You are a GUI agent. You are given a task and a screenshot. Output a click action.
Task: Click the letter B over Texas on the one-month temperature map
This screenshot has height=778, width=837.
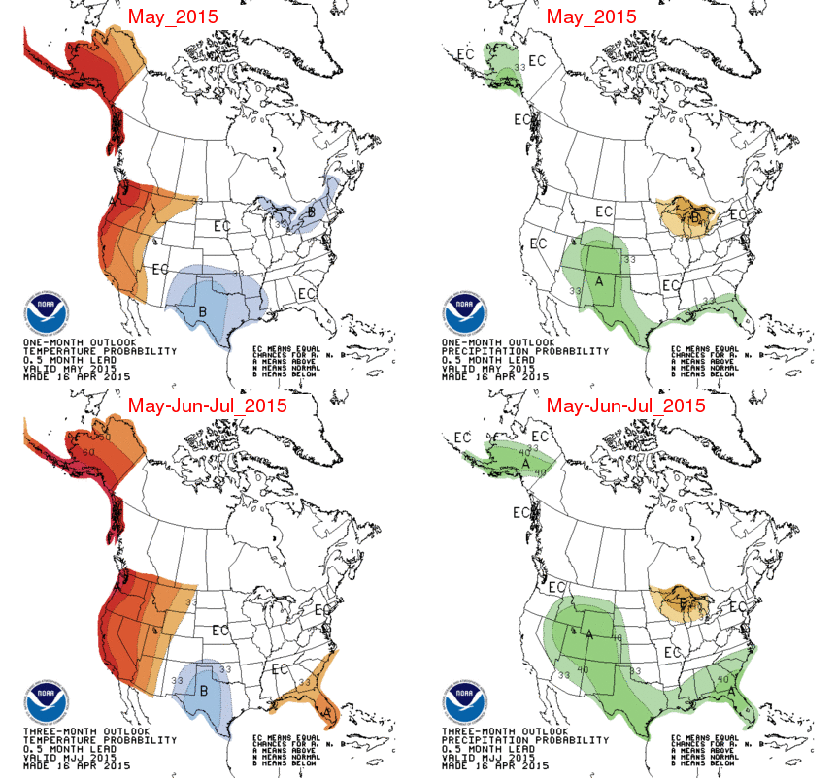(203, 311)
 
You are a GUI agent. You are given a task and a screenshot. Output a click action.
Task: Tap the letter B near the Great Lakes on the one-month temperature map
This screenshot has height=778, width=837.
(311, 212)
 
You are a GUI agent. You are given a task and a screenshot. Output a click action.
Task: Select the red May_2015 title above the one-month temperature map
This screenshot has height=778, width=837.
(172, 16)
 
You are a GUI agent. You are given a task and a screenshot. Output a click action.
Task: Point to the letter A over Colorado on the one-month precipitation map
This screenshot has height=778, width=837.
(599, 280)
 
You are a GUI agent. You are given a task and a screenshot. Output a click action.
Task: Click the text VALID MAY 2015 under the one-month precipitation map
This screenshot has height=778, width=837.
(482, 368)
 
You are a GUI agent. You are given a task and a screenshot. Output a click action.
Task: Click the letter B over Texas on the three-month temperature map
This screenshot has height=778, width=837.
(204, 691)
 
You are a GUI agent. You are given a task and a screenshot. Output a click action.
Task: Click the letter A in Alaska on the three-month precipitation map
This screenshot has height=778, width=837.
(525, 464)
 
